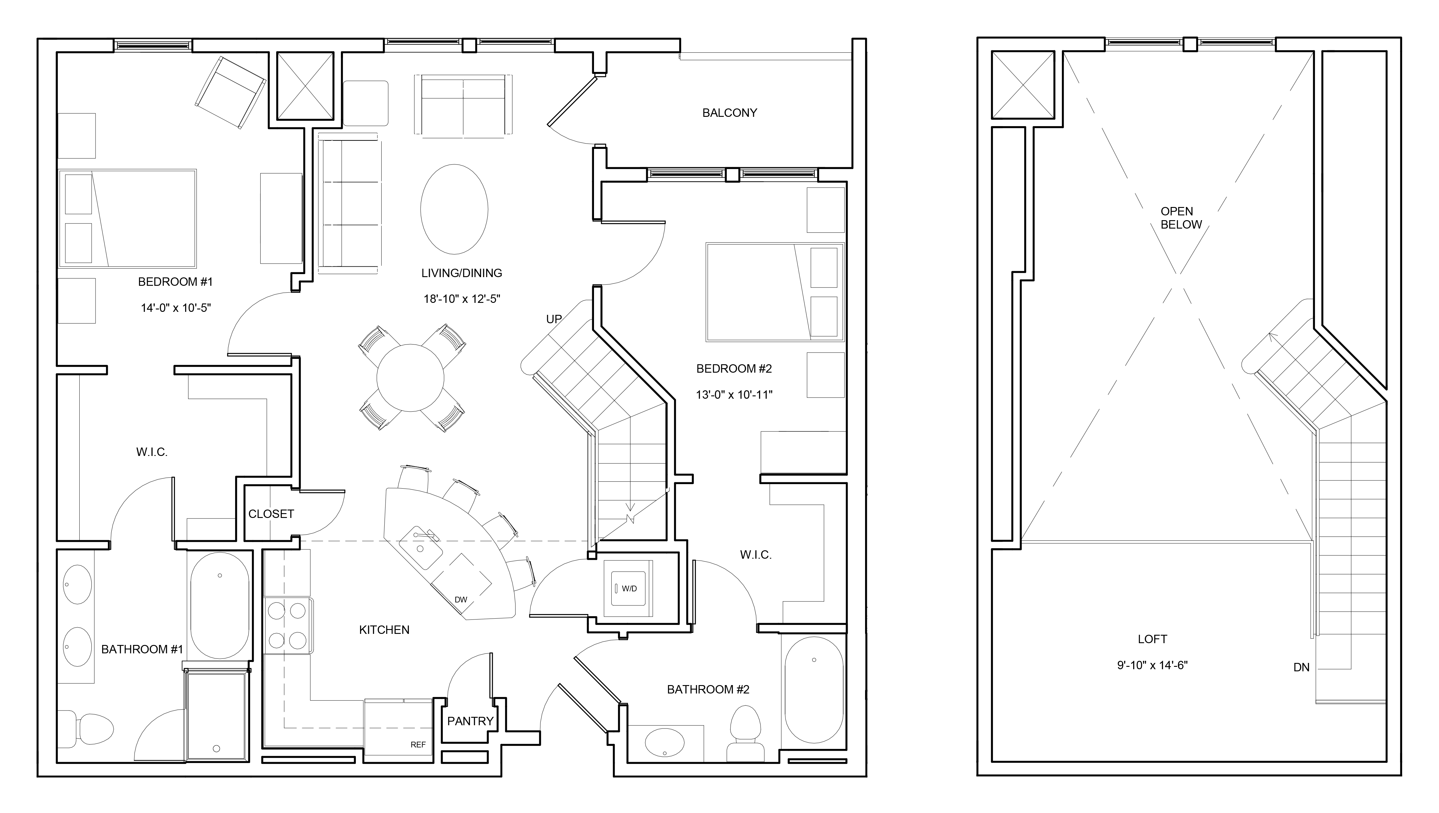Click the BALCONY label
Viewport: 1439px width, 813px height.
click(730, 113)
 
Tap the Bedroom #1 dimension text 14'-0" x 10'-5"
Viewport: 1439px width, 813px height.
click(176, 308)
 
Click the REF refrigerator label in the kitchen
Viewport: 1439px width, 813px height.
click(418, 744)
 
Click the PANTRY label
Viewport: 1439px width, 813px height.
click(470, 721)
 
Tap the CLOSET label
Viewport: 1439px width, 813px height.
click(271, 514)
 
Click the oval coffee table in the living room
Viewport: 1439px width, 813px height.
click(454, 209)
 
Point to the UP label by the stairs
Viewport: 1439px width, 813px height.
click(554, 319)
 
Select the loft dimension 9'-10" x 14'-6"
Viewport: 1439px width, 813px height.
click(1152, 666)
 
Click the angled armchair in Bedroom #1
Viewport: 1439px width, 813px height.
click(230, 93)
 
